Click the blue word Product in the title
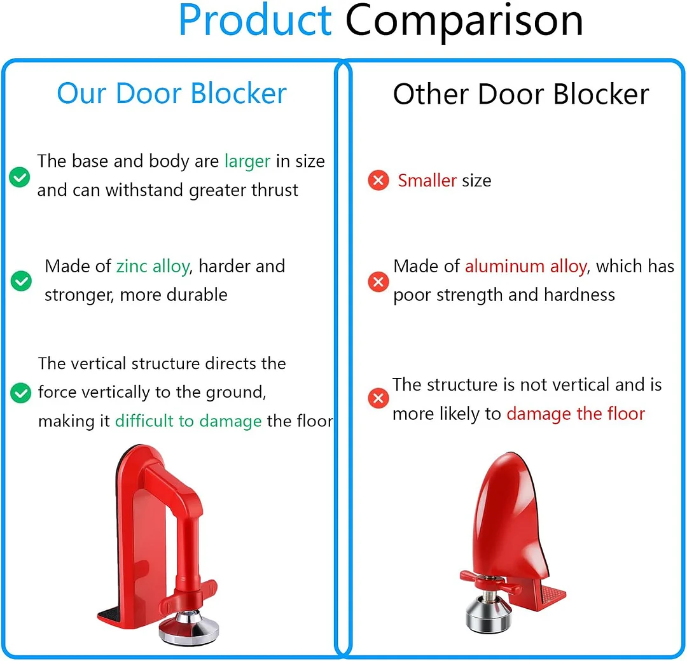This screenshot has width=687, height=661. point(255,20)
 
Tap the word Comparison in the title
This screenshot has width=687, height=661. point(464,20)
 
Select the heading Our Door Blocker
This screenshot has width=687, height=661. point(172,94)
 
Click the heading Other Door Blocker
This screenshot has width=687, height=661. point(520,94)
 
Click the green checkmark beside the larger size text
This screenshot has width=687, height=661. point(20,177)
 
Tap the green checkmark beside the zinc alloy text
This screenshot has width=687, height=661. point(22,280)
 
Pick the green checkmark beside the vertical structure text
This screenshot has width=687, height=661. point(21,393)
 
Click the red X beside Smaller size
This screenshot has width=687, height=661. point(378,181)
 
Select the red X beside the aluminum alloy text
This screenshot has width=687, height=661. point(378,281)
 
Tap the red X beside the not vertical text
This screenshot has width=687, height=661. point(378,399)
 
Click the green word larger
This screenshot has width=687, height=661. point(247,162)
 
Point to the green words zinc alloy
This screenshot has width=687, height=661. point(153,266)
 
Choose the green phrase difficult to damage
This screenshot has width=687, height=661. point(188,421)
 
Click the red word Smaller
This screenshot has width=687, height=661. point(427,181)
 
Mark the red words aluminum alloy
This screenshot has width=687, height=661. point(525,266)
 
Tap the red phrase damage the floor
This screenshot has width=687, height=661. point(576,414)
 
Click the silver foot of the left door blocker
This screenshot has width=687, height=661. point(189,632)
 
